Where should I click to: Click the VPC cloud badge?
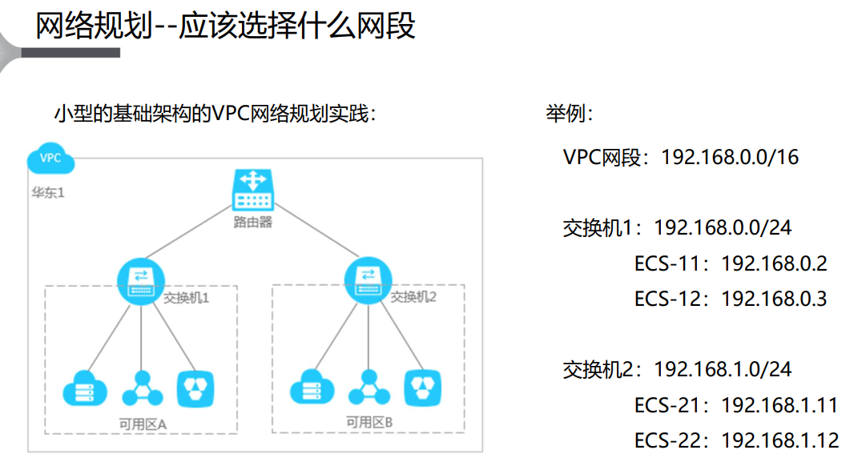[50, 159]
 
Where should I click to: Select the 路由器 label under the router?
[253, 222]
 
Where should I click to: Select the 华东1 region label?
[47, 193]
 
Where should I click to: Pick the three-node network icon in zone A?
[142, 388]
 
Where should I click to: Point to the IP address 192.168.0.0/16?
[730, 157]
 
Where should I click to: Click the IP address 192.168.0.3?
[774, 299]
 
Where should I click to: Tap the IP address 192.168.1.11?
[779, 405]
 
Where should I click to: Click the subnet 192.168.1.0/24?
[723, 369]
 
